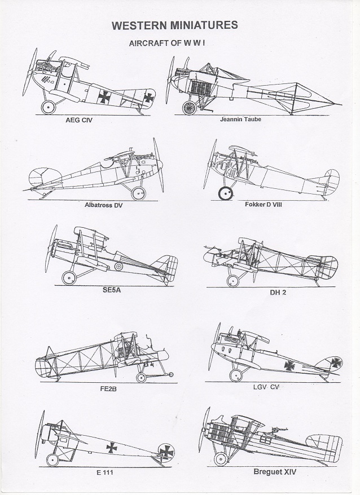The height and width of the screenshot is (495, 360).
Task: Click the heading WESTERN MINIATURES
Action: (175, 25)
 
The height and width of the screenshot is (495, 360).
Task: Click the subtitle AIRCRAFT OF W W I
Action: (167, 43)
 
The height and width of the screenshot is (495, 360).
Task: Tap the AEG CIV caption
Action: (79, 120)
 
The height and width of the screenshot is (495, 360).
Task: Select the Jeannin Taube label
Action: (240, 120)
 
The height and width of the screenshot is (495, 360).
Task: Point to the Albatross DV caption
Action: (103, 205)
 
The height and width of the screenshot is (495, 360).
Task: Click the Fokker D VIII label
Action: (264, 204)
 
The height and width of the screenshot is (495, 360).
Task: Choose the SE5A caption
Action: (112, 290)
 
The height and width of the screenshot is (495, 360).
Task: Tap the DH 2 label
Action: (278, 293)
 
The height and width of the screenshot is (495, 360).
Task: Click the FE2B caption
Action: (108, 388)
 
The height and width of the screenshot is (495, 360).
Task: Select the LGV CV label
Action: (266, 387)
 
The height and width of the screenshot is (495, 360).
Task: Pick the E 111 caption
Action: (104, 472)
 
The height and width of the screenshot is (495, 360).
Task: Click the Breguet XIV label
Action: (275, 472)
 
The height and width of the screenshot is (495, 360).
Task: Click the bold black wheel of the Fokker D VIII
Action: (225, 193)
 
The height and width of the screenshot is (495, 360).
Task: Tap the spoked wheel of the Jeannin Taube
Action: (190, 108)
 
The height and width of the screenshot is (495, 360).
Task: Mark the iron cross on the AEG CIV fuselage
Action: (104, 97)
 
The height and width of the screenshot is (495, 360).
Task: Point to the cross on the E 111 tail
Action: (166, 452)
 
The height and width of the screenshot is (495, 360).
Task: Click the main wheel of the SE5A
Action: (69, 278)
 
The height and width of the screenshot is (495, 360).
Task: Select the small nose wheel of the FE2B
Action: (170, 375)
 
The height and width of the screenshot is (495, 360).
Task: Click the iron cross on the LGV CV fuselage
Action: (289, 365)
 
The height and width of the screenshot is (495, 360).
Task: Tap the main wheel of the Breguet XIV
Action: (221, 459)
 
